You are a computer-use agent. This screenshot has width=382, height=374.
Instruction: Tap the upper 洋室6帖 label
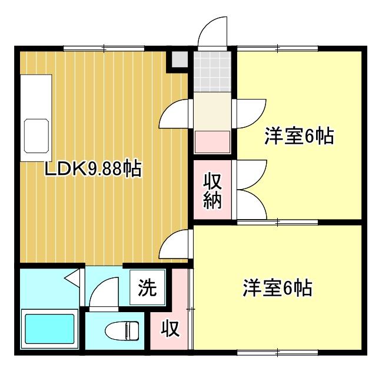[298, 137]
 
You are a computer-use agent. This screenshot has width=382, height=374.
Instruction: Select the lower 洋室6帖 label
[277, 289]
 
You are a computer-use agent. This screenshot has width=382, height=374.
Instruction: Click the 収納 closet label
[212, 191]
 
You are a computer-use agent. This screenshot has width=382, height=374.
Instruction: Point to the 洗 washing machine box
[147, 288]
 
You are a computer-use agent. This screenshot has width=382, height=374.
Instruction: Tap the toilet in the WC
[122, 331]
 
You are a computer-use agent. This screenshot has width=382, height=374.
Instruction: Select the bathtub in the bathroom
[49, 331]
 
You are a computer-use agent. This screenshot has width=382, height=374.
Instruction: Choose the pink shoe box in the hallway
[212, 141]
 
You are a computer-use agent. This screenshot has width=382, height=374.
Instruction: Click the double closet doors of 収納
[250, 190]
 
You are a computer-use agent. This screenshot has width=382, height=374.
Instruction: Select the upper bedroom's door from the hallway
[250, 112]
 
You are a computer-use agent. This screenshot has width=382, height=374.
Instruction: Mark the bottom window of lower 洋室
[277, 353]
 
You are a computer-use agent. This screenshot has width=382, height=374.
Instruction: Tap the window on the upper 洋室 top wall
[277, 48]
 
